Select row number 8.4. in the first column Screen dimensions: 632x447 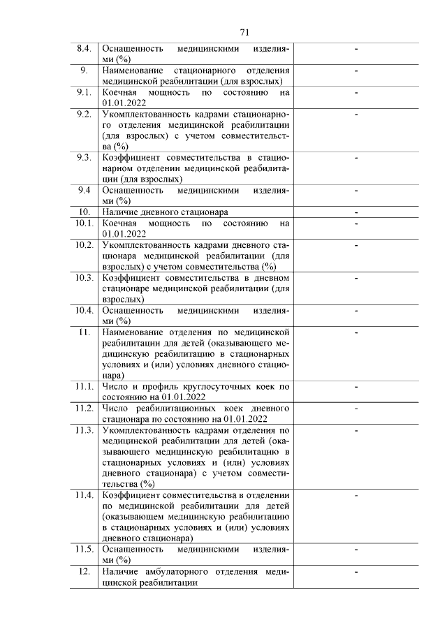click(x=84, y=49)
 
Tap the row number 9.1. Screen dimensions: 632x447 click(x=84, y=92)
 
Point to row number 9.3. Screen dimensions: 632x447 click(x=84, y=157)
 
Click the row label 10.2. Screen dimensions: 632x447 click(x=84, y=244)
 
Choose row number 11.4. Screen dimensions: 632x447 click(x=84, y=494)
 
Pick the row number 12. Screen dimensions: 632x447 click(x=84, y=571)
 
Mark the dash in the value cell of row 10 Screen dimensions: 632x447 click(x=356, y=212)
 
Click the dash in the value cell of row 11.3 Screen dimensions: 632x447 click(x=356, y=430)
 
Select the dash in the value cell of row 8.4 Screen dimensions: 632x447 click(x=356, y=49)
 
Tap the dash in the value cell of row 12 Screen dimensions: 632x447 click(x=356, y=572)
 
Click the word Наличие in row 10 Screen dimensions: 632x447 click(x=121, y=212)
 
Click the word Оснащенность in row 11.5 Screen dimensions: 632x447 click(x=133, y=550)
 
